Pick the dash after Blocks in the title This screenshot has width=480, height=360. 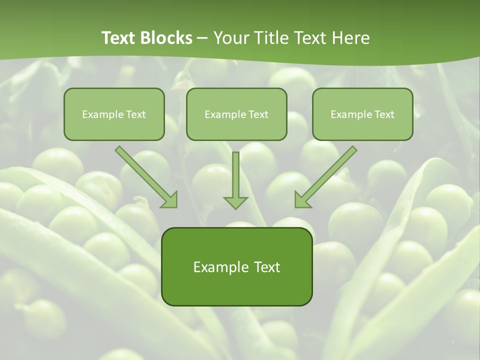click(x=202, y=38)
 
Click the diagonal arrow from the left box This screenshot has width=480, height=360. click(x=145, y=175)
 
